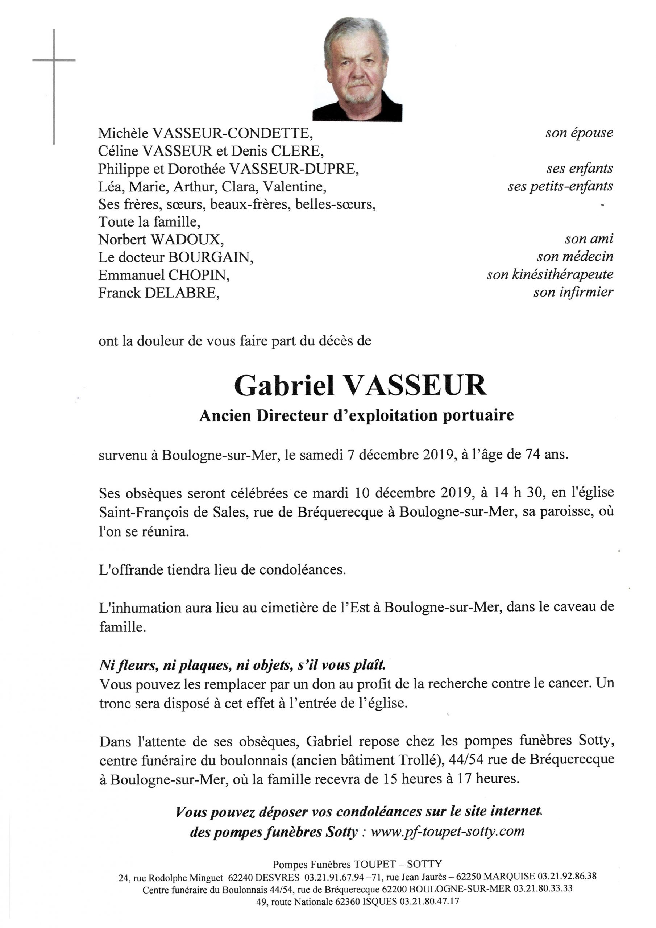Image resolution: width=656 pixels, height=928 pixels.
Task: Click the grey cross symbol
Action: click(x=54, y=61)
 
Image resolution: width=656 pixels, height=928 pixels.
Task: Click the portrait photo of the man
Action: click(x=357, y=70)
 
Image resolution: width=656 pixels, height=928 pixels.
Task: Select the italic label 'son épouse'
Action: click(x=579, y=133)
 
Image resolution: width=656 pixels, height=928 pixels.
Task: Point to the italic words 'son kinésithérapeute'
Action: click(x=550, y=275)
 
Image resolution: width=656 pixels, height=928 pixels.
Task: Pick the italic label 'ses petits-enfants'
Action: click(x=560, y=186)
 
